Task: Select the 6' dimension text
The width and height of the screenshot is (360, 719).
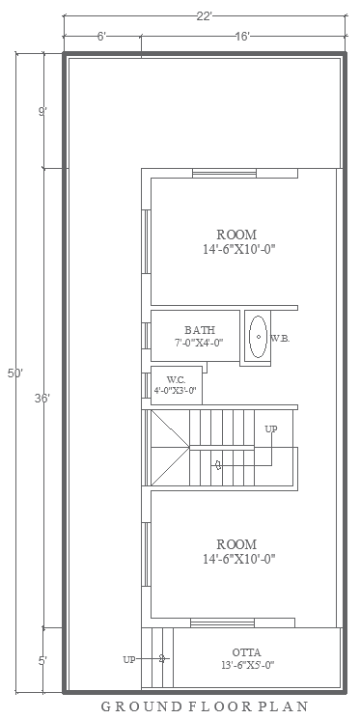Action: (x=101, y=36)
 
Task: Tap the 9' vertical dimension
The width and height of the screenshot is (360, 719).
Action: (x=42, y=112)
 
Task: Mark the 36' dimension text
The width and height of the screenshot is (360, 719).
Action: (x=42, y=398)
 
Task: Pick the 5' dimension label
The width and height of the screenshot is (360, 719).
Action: (x=42, y=661)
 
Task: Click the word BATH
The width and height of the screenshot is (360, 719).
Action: (x=200, y=330)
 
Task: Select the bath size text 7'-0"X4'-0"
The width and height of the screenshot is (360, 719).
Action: (x=199, y=343)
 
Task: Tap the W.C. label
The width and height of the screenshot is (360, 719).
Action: (x=175, y=379)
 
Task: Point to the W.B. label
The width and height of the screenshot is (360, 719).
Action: (x=280, y=338)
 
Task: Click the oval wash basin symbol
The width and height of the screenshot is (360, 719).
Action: (x=258, y=337)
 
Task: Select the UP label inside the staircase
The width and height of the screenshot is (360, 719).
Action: (x=271, y=429)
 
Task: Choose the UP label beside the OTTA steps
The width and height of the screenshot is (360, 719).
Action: (x=129, y=659)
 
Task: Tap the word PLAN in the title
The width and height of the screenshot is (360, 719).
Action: (x=285, y=706)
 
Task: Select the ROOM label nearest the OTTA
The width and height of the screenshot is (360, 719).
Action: (x=235, y=544)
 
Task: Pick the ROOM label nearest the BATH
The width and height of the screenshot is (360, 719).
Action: (x=235, y=235)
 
